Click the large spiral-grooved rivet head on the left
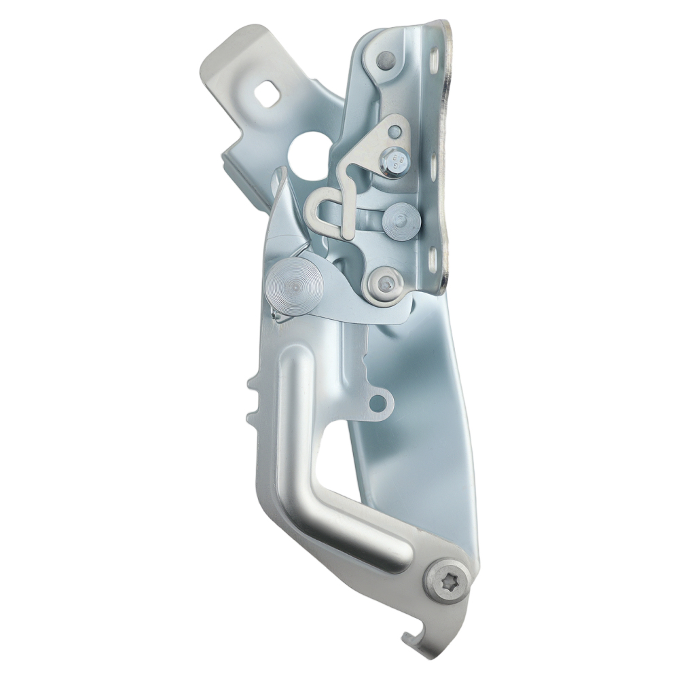pyautogui.click(x=292, y=287)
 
